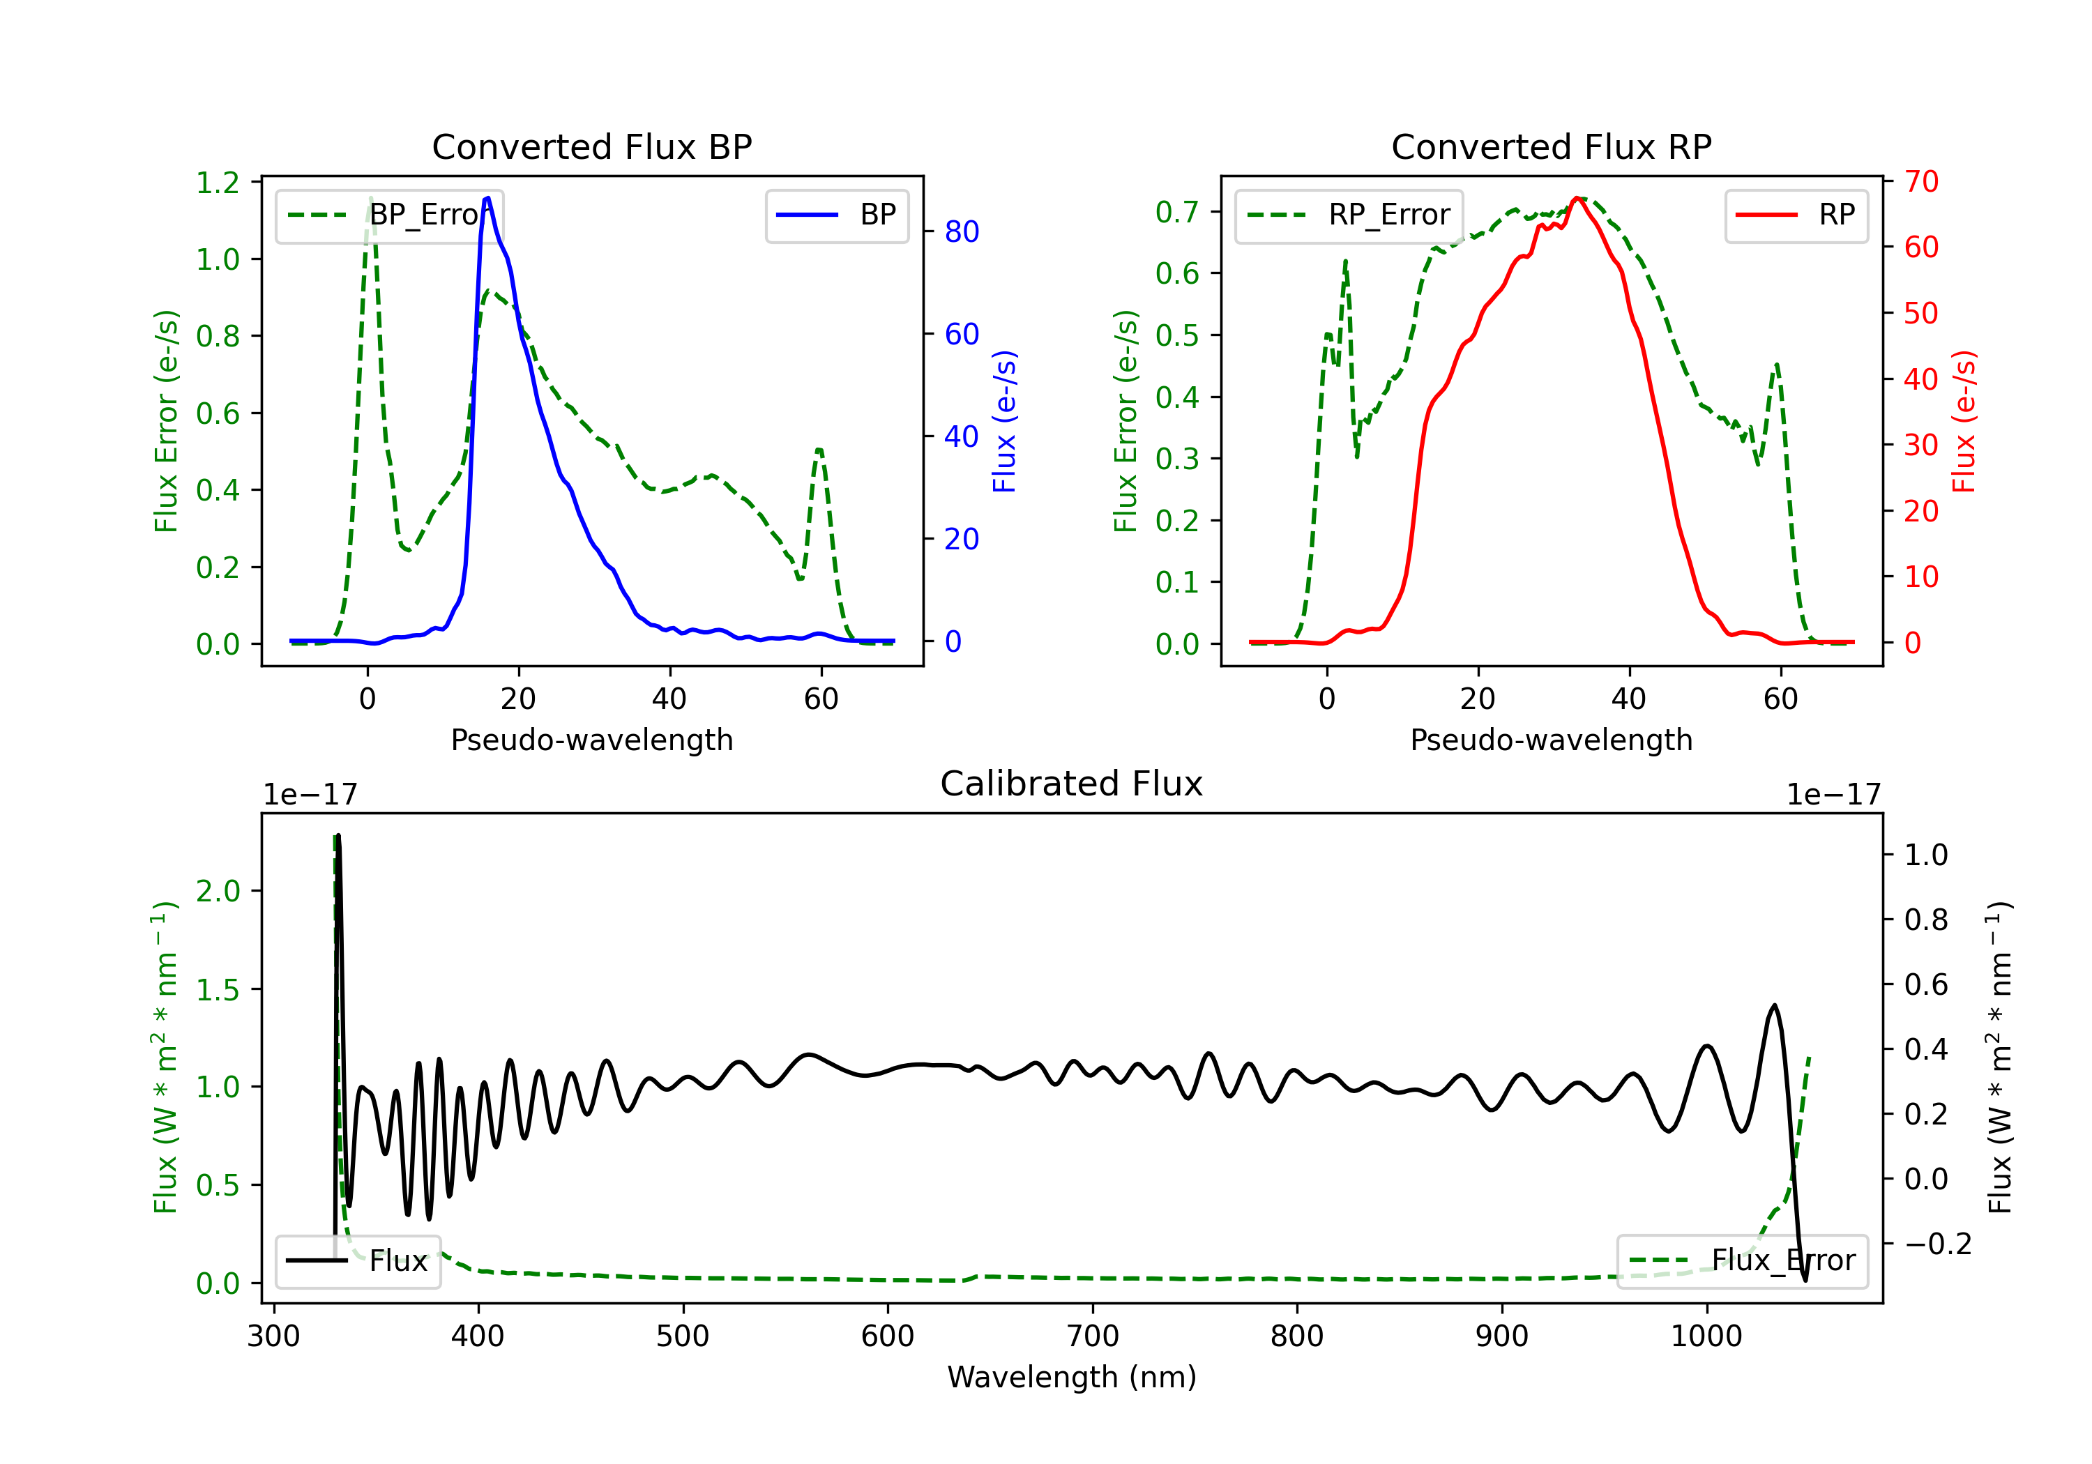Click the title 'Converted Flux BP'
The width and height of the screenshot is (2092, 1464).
coord(591,146)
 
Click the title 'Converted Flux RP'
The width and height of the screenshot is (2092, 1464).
coord(1551,146)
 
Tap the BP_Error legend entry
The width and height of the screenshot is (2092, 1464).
coord(390,215)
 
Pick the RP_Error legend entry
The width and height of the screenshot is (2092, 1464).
coord(1349,215)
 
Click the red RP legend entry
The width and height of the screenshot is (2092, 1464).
coord(1796,215)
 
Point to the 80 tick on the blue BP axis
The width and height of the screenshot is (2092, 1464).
coord(961,231)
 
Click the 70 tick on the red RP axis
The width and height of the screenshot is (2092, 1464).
coord(1920,181)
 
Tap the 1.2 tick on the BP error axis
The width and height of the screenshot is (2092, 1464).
coord(218,182)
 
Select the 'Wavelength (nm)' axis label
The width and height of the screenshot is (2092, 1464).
coord(1072,1377)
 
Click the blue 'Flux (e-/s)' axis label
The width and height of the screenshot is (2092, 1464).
coord(1004,422)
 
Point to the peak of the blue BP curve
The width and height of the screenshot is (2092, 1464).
coord(488,198)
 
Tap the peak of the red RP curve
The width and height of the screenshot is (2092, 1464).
coord(1576,198)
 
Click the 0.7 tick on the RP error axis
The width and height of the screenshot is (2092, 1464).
coord(1177,212)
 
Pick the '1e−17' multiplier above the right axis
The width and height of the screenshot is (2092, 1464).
coord(1833,795)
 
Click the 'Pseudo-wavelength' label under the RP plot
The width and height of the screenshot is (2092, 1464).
coord(1551,740)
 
